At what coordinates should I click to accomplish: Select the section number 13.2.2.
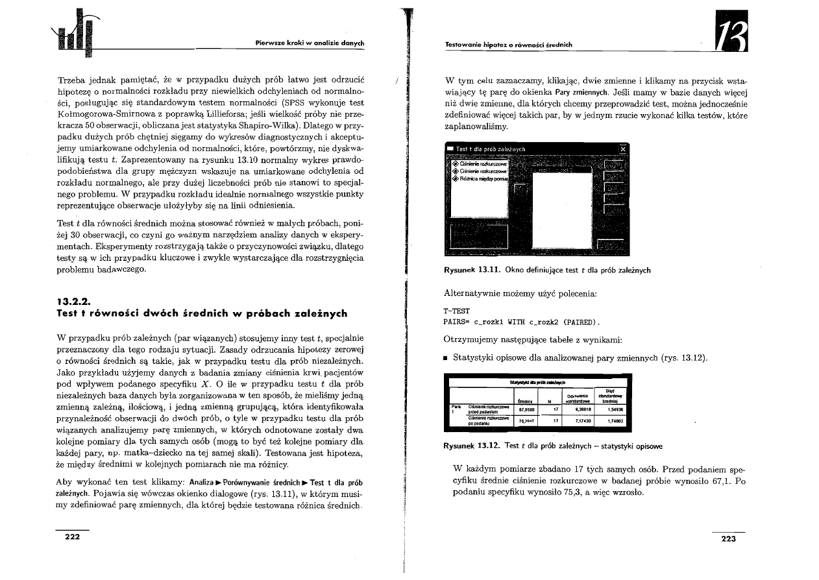[73, 301]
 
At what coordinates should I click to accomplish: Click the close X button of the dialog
[624, 149]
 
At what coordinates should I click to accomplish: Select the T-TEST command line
[457, 311]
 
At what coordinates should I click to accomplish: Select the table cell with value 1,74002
[610, 422]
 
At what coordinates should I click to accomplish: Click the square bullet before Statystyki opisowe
[446, 358]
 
